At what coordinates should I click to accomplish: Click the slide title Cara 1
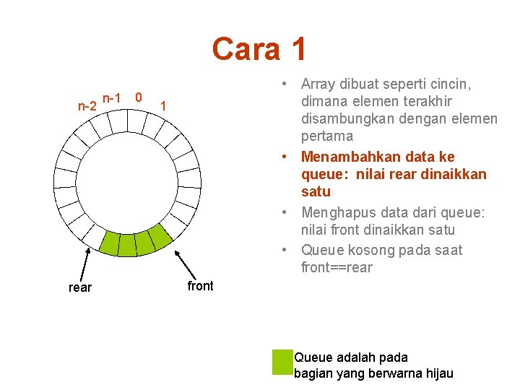(259, 49)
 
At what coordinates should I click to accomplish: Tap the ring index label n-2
(87, 106)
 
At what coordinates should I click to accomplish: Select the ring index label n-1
(111, 97)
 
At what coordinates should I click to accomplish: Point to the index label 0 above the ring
(139, 97)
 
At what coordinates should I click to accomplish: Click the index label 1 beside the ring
(164, 106)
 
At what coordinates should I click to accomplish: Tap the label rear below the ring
(79, 287)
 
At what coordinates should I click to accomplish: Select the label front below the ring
(200, 286)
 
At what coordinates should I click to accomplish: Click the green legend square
(281, 362)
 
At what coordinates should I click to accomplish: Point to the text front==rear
(337, 268)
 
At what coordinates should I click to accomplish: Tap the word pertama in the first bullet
(327, 136)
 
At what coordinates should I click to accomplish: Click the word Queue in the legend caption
(314, 357)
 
